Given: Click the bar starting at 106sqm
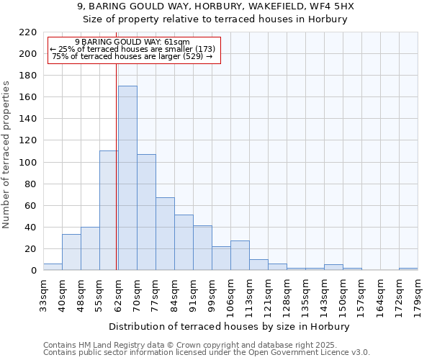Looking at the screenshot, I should click(x=240, y=255).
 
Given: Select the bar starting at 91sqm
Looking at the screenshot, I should click(x=202, y=248).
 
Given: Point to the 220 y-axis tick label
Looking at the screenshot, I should click(x=27, y=32).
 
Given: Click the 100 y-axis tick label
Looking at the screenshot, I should click(x=27, y=163).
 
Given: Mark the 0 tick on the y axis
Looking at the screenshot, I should click(x=33, y=271).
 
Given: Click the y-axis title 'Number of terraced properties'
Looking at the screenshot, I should click(x=7, y=155).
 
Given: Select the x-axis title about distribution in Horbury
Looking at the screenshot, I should click(x=230, y=326).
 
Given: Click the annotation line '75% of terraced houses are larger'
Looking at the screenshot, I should click(x=132, y=56).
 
